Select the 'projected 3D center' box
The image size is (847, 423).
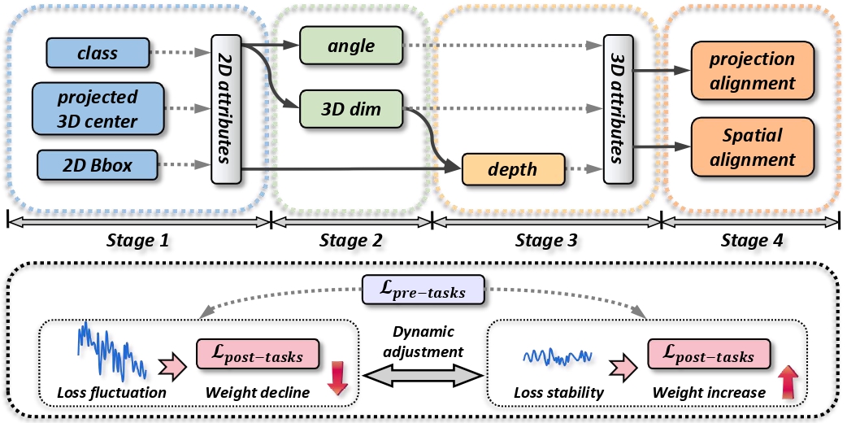[x=98, y=109]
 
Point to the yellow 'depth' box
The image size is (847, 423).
[x=513, y=170]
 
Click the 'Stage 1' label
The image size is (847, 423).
[x=140, y=240]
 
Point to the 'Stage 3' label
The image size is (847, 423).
[x=546, y=240]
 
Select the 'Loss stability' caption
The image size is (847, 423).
[x=558, y=394]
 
